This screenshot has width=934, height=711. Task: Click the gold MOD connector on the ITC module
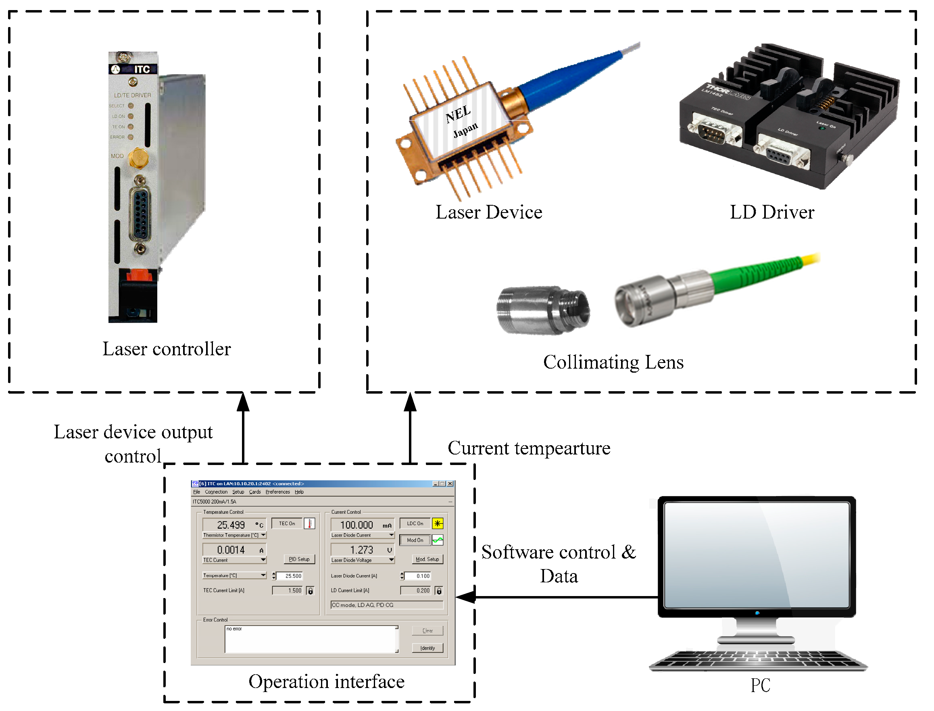[x=138, y=158]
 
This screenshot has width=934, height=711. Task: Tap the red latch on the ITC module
[x=139, y=275]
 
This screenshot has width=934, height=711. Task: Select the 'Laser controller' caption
[x=167, y=350]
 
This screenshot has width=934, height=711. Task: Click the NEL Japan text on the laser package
[x=461, y=121]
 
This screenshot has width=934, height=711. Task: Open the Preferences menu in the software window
[x=277, y=492]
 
